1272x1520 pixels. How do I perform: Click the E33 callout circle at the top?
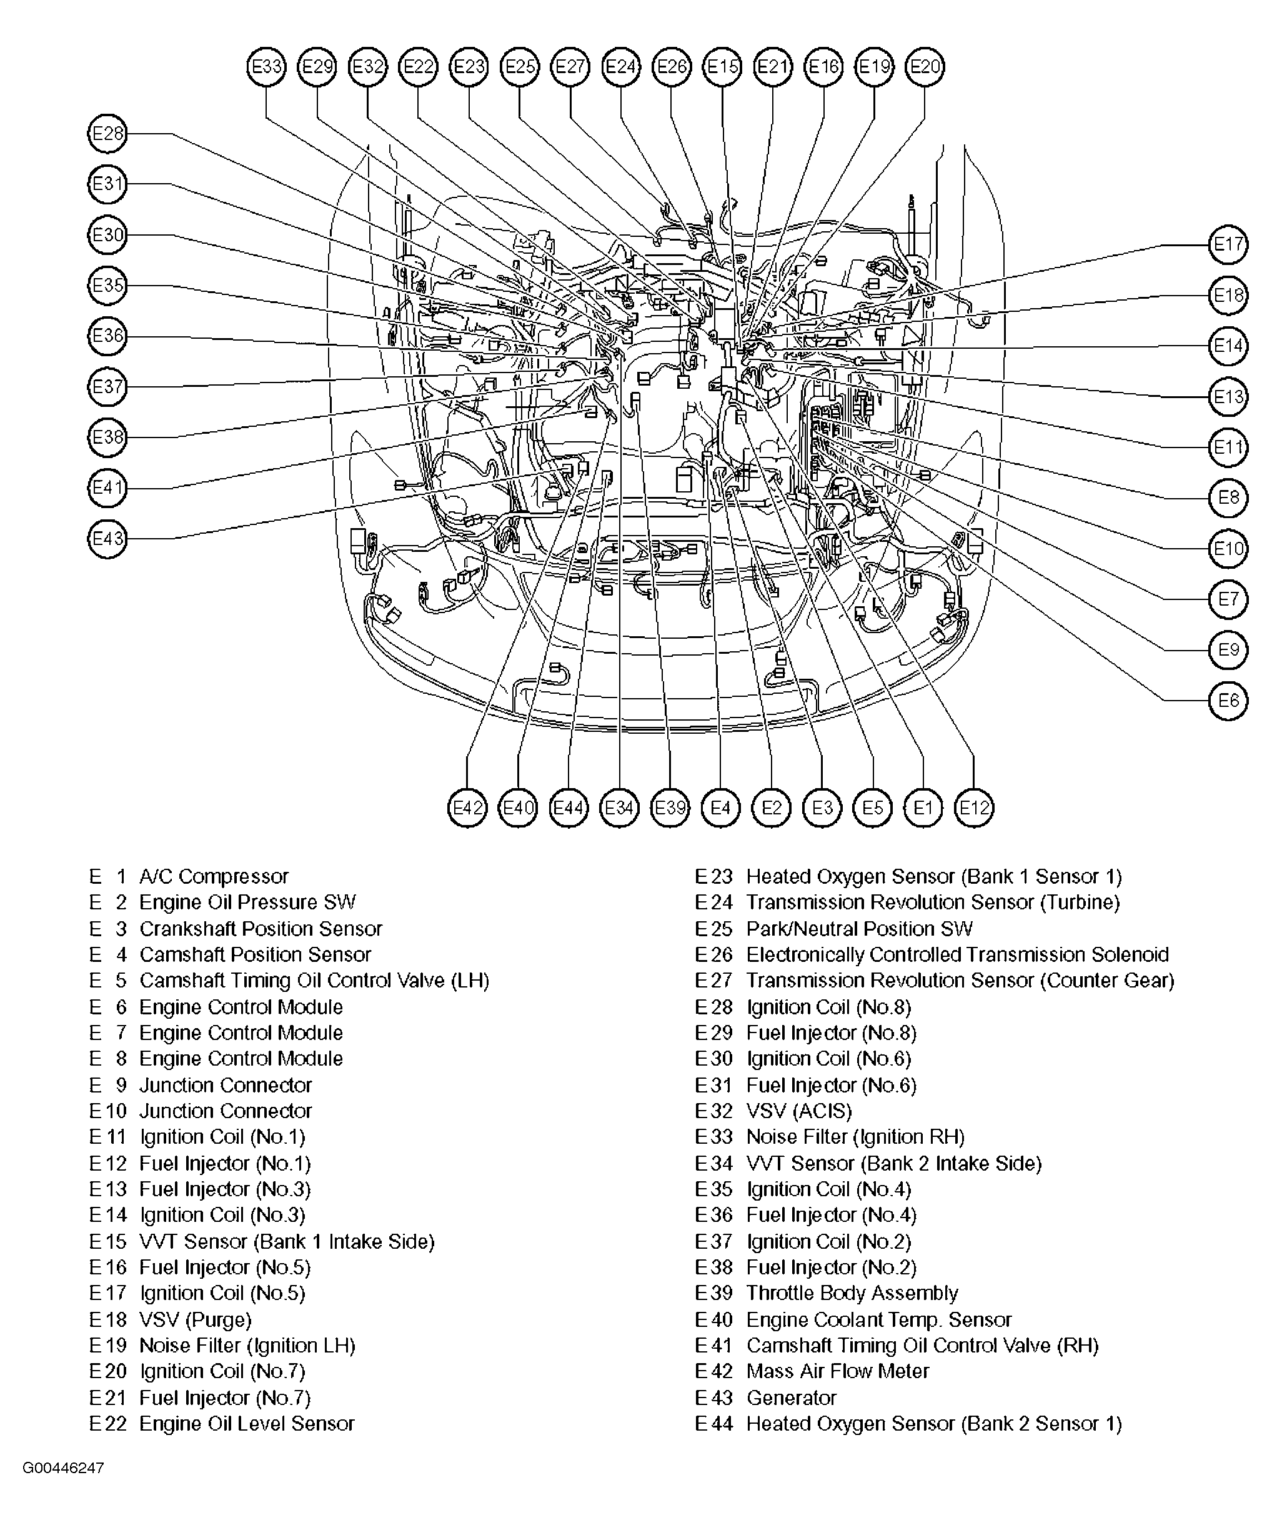(266, 67)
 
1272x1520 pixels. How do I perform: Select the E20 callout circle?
(925, 67)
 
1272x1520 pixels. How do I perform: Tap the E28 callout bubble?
(107, 133)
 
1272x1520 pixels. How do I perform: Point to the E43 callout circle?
(107, 539)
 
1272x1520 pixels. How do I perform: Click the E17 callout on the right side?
(1228, 244)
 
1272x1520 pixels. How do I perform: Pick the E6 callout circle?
(1228, 701)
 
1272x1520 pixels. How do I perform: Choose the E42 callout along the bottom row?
(467, 807)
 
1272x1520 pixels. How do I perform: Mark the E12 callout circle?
(974, 807)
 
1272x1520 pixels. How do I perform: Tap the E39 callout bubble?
(670, 807)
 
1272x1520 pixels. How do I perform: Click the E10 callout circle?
(1228, 549)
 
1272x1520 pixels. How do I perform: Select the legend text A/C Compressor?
(214, 876)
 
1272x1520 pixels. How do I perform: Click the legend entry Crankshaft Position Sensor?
(261, 929)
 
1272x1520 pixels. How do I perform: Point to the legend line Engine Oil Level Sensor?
(247, 1424)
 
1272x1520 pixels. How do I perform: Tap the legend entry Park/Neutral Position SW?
(860, 929)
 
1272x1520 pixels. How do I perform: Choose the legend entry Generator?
(792, 1397)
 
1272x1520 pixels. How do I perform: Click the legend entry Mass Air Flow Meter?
(837, 1372)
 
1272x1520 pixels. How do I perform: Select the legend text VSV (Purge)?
(196, 1319)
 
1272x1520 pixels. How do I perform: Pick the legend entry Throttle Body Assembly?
(852, 1294)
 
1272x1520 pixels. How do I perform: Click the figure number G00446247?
(63, 1469)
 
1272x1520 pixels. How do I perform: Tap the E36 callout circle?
(107, 336)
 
